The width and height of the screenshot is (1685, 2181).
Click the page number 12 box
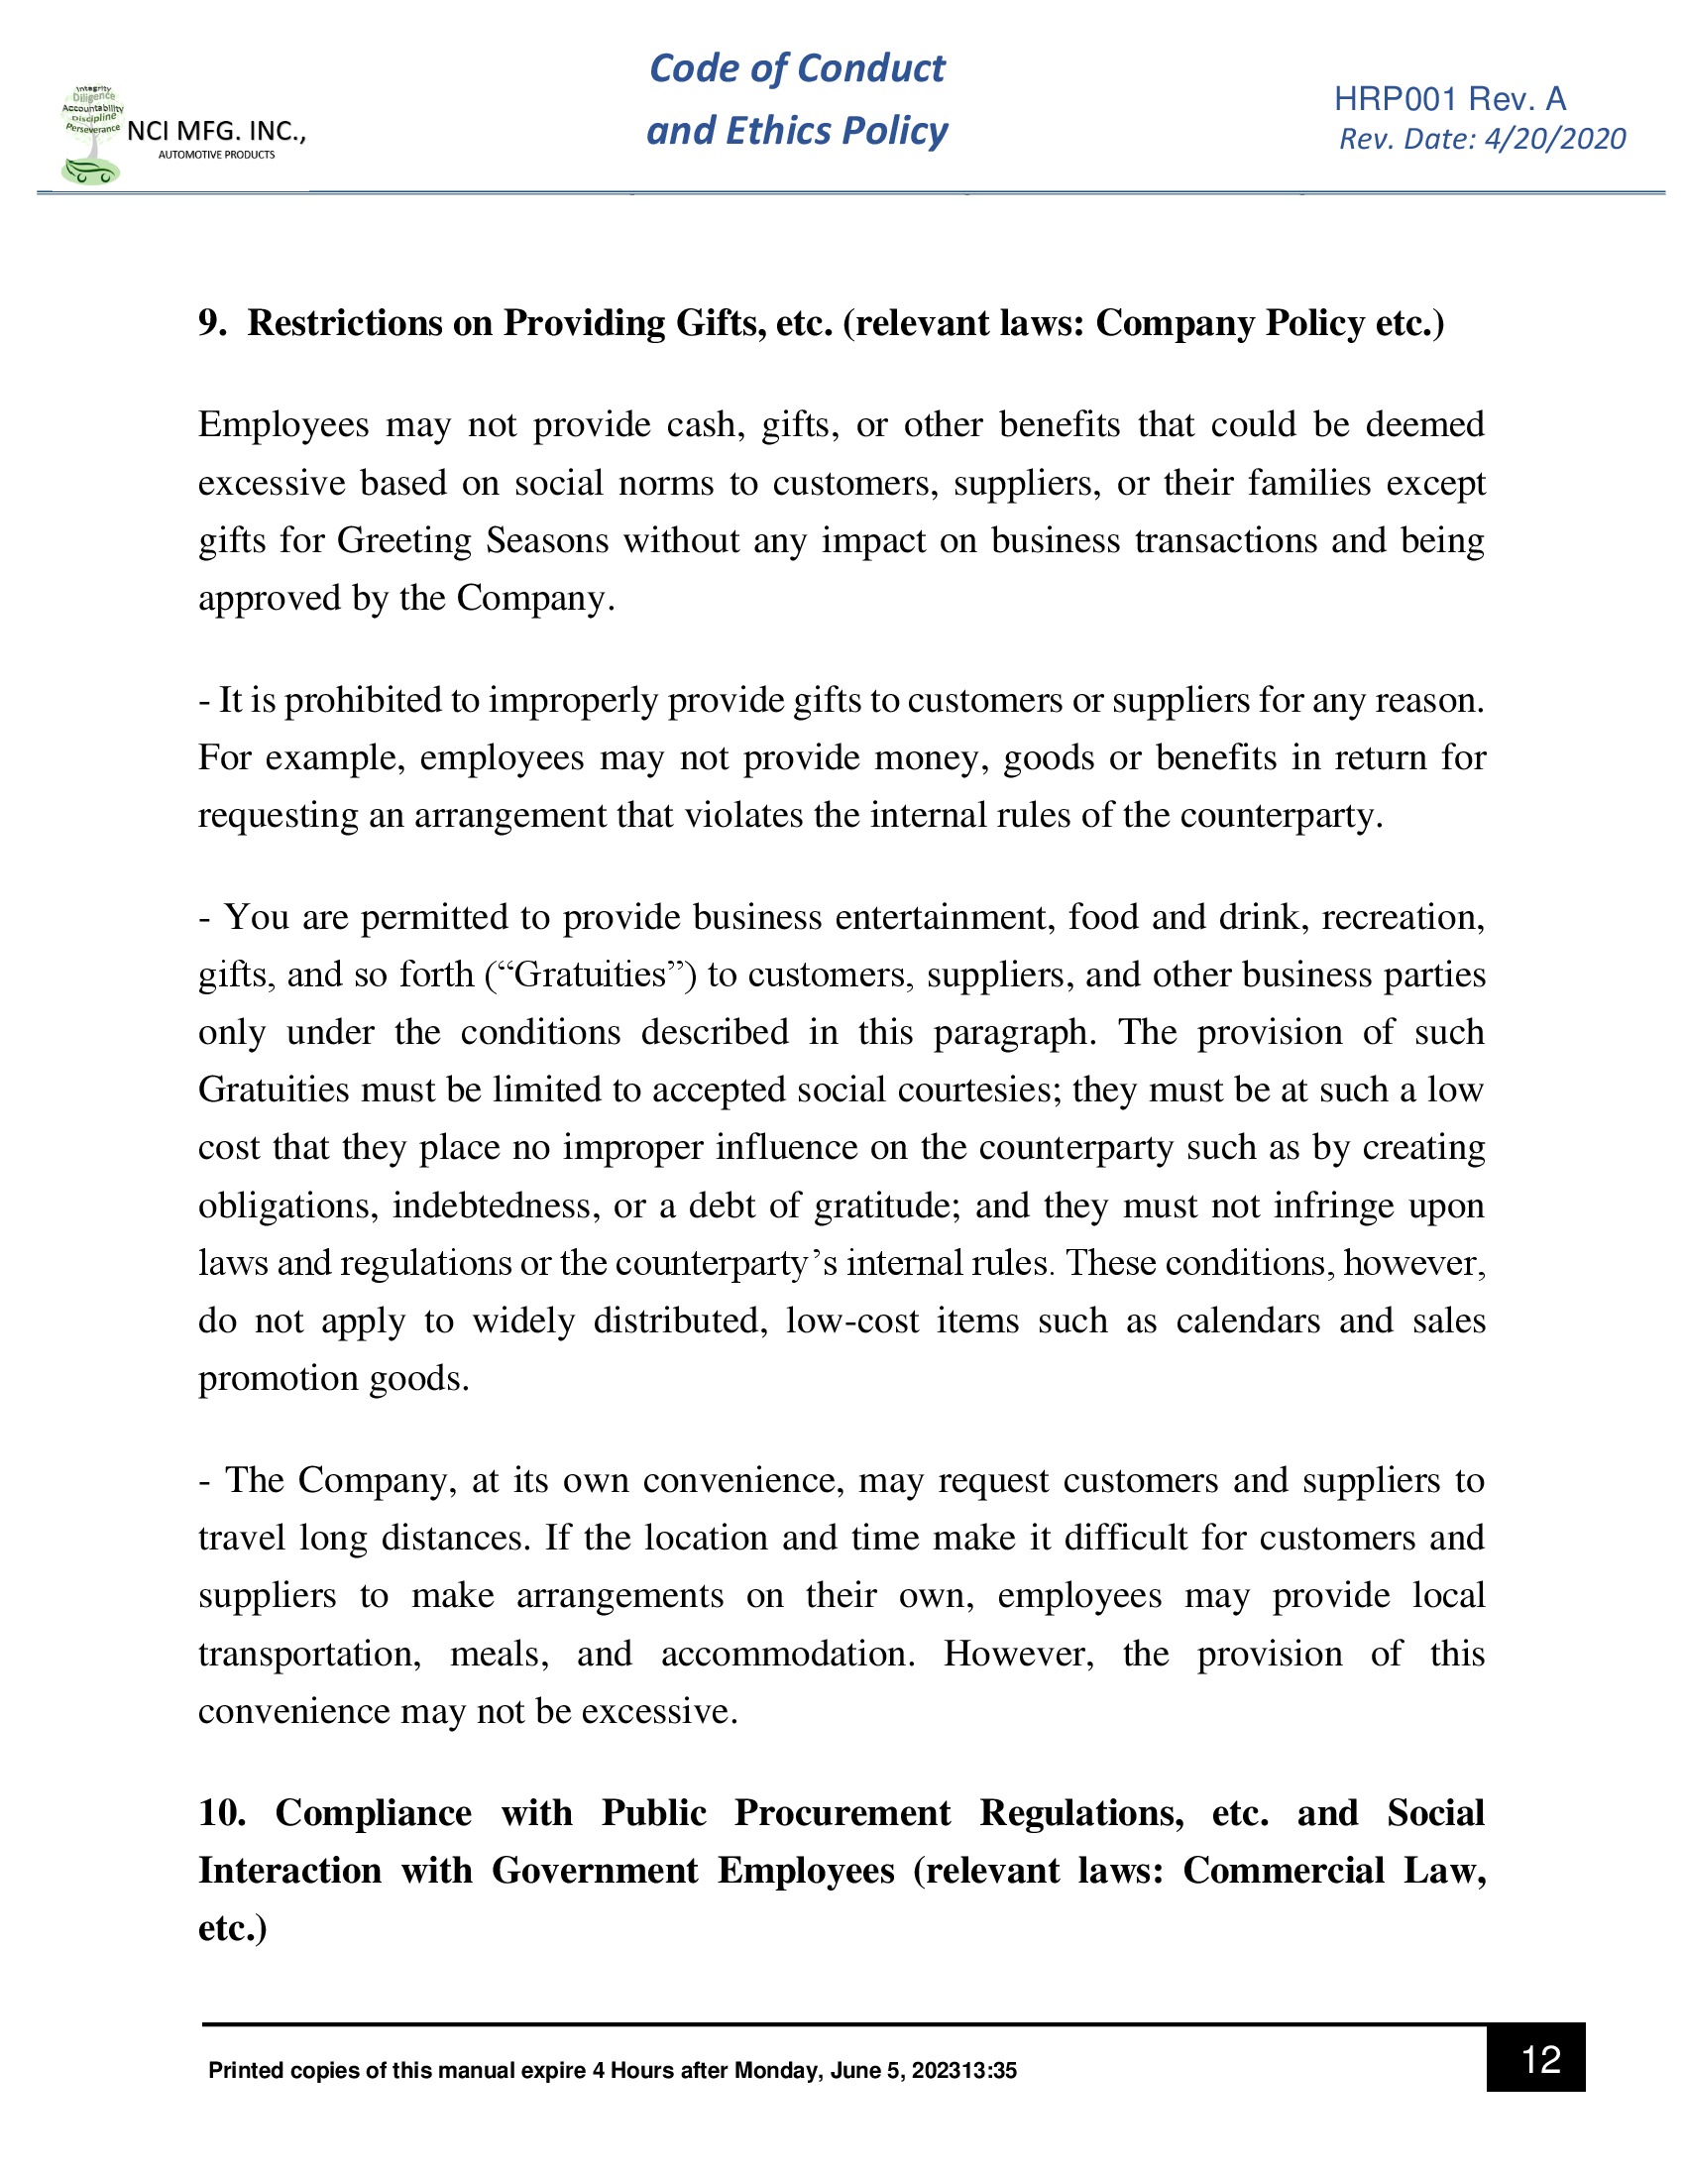[x=1534, y=2058]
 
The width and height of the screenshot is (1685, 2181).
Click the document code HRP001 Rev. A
[x=1449, y=99]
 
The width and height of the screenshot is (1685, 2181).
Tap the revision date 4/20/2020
[x=1554, y=139]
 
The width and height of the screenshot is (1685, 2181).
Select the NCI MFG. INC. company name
[x=216, y=131]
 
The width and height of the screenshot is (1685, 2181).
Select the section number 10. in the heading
[x=221, y=1811]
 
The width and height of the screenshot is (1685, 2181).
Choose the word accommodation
[x=787, y=1653]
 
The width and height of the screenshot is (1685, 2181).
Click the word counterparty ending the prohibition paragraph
[x=1281, y=815]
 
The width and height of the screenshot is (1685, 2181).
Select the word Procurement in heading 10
[x=842, y=1811]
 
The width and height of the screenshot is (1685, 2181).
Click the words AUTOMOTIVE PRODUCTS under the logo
[x=216, y=155]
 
